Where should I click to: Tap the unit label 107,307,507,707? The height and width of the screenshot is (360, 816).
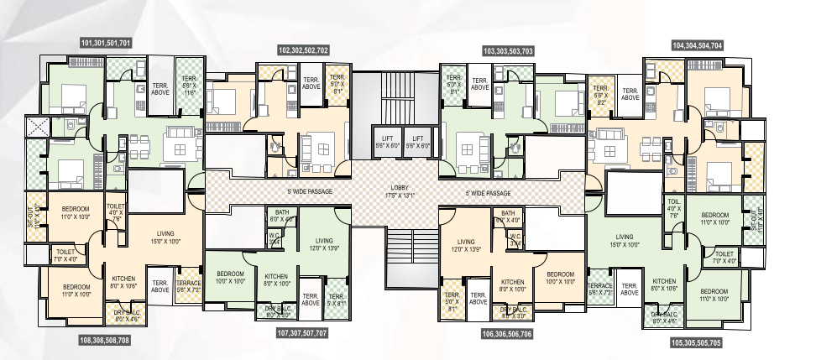(302, 333)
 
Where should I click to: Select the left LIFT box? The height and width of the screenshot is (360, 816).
(387, 141)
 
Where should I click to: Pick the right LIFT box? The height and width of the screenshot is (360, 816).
(418, 141)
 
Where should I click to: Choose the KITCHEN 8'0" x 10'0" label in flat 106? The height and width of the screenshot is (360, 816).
(513, 286)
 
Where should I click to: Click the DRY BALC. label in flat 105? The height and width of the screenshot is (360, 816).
(667, 317)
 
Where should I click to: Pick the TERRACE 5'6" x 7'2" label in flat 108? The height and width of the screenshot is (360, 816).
(189, 286)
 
